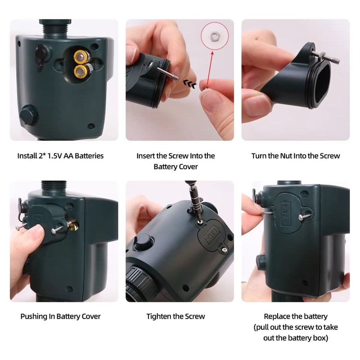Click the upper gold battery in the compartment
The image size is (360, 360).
81,57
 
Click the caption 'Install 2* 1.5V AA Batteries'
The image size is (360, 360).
60,156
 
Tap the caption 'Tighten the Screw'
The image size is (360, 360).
175,316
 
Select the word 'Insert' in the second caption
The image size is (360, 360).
146,156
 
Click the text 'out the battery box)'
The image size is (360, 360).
296,337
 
